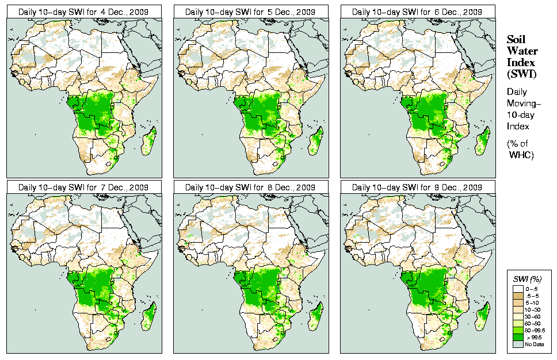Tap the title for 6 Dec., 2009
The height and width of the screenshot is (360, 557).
(x=418, y=12)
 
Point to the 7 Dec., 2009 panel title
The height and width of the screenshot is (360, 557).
(x=84, y=187)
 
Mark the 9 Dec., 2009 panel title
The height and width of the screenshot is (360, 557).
(x=418, y=187)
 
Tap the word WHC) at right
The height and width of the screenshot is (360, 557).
(x=523, y=155)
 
